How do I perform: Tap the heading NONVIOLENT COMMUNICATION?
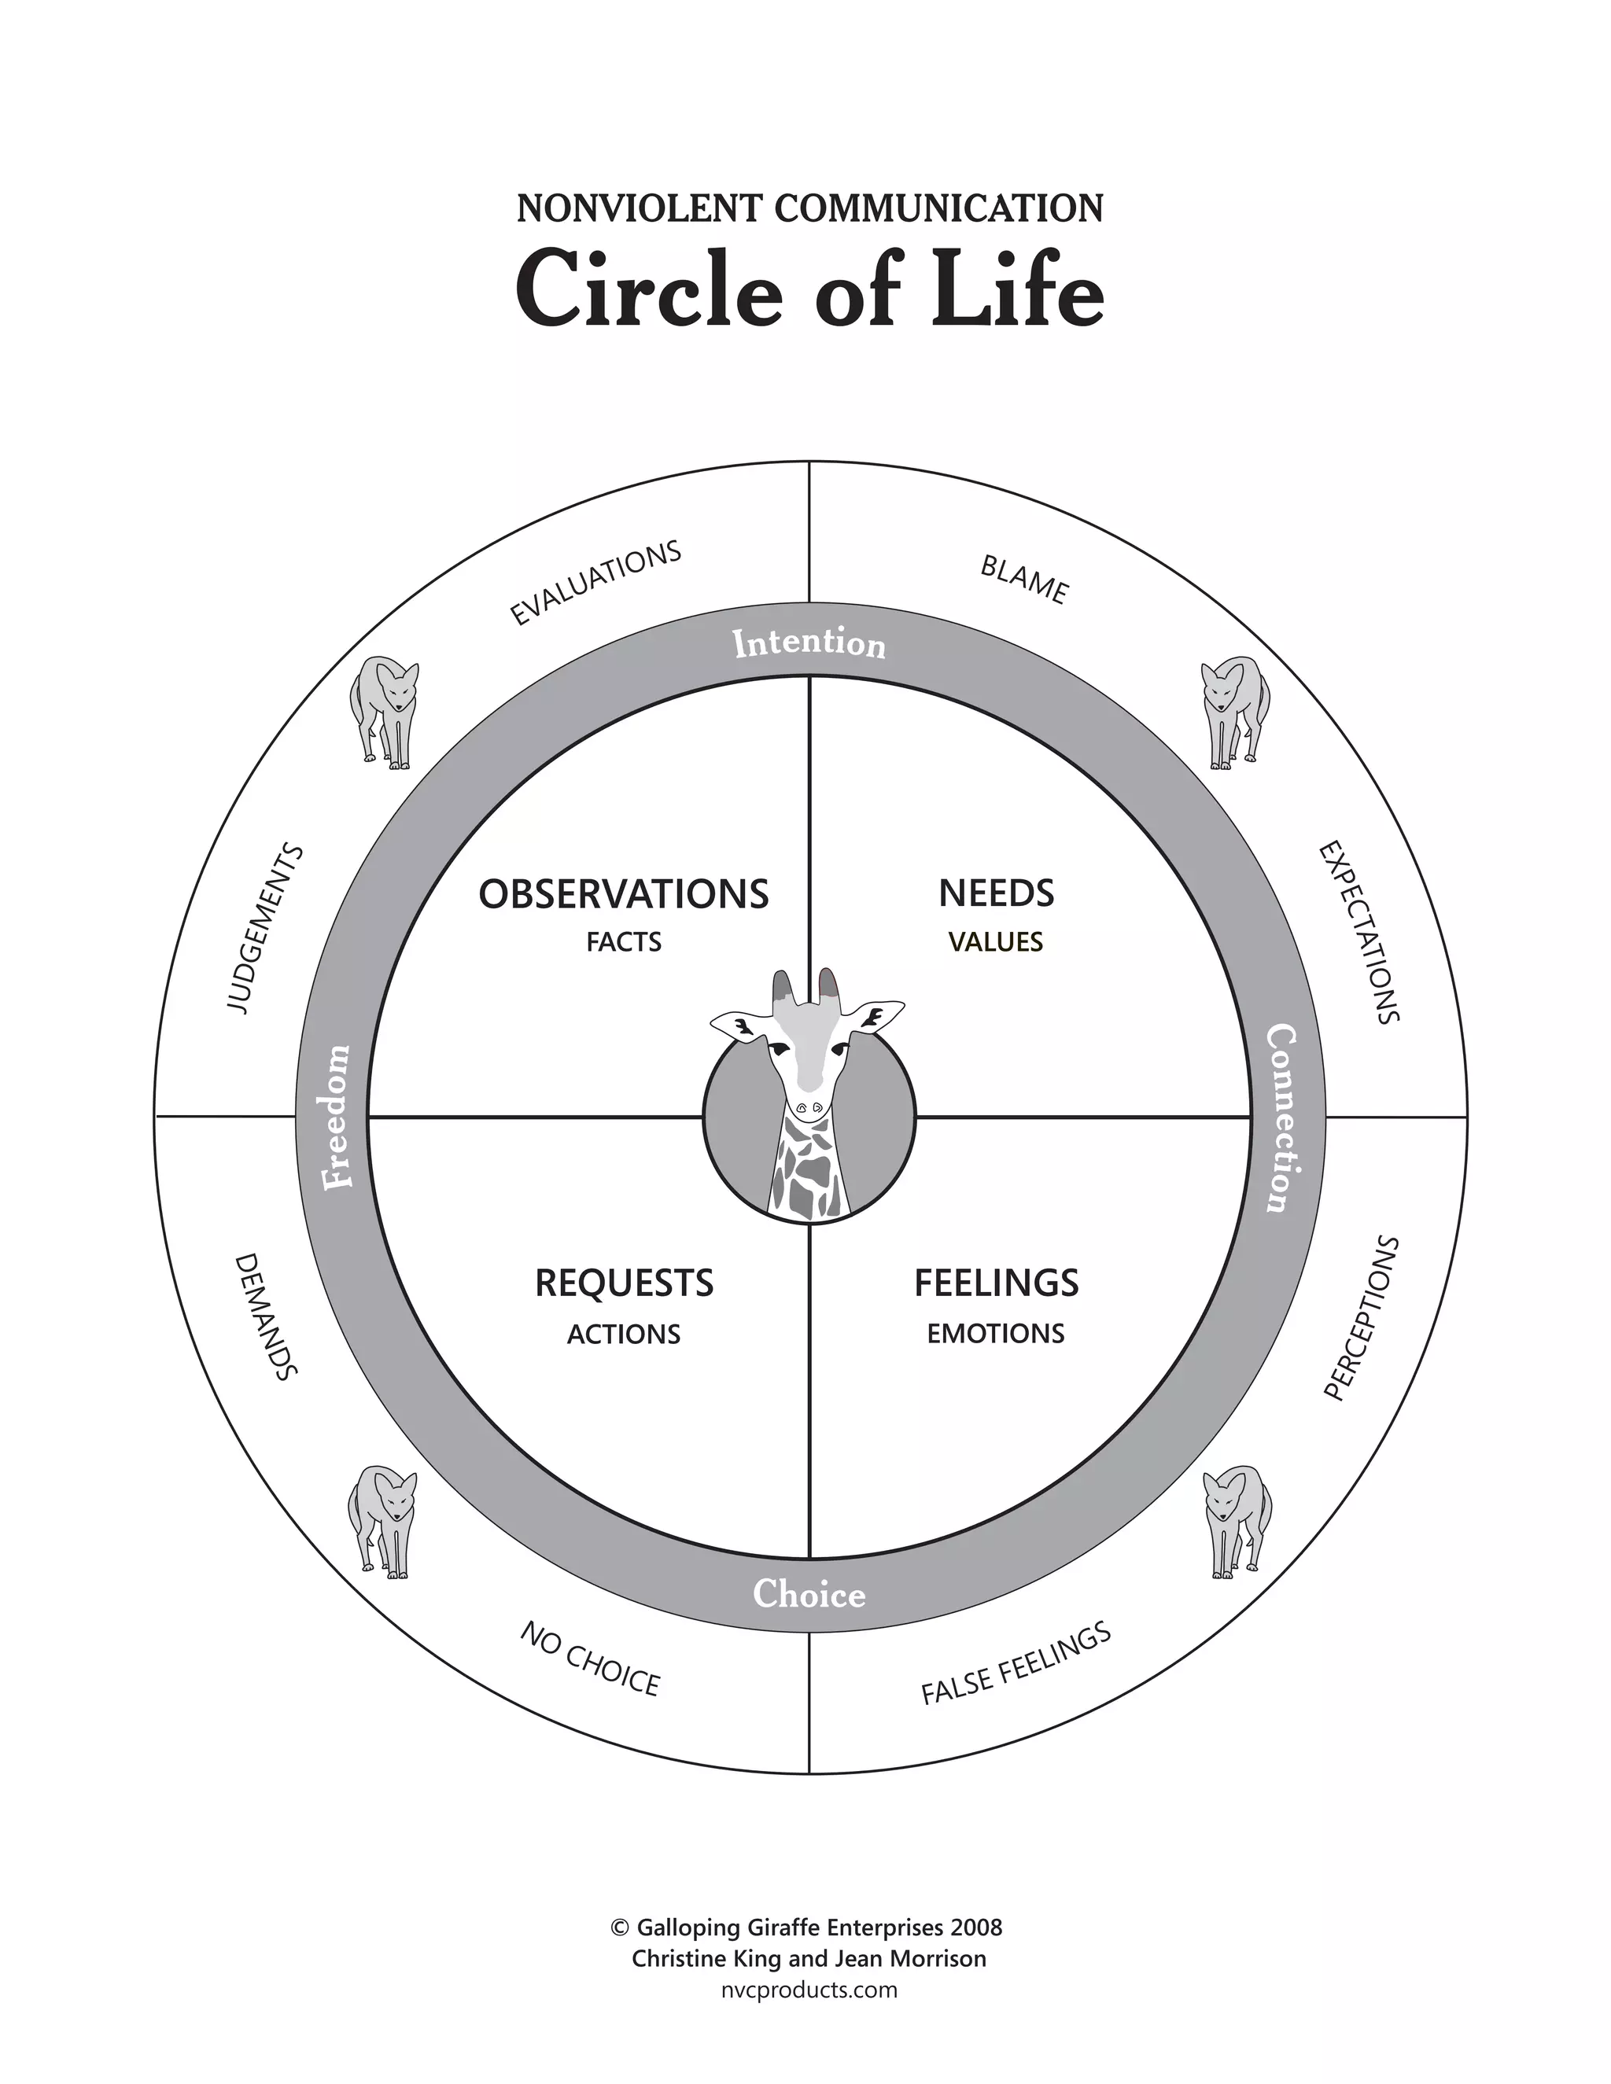(x=809, y=208)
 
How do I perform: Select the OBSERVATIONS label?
(x=623, y=895)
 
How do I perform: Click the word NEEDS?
(x=997, y=894)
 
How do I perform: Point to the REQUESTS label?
(x=624, y=1283)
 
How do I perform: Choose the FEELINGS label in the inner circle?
(x=997, y=1283)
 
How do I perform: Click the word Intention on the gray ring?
(x=809, y=644)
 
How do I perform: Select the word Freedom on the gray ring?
(x=337, y=1117)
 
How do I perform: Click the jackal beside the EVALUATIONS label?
(x=384, y=711)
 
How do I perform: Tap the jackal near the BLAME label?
(x=1234, y=711)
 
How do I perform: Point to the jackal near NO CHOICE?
(x=383, y=1521)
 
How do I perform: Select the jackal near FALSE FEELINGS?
(x=1236, y=1521)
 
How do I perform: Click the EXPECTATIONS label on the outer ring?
(x=1359, y=931)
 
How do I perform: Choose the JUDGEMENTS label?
(x=265, y=929)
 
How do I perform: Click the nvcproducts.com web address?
(x=809, y=1990)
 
